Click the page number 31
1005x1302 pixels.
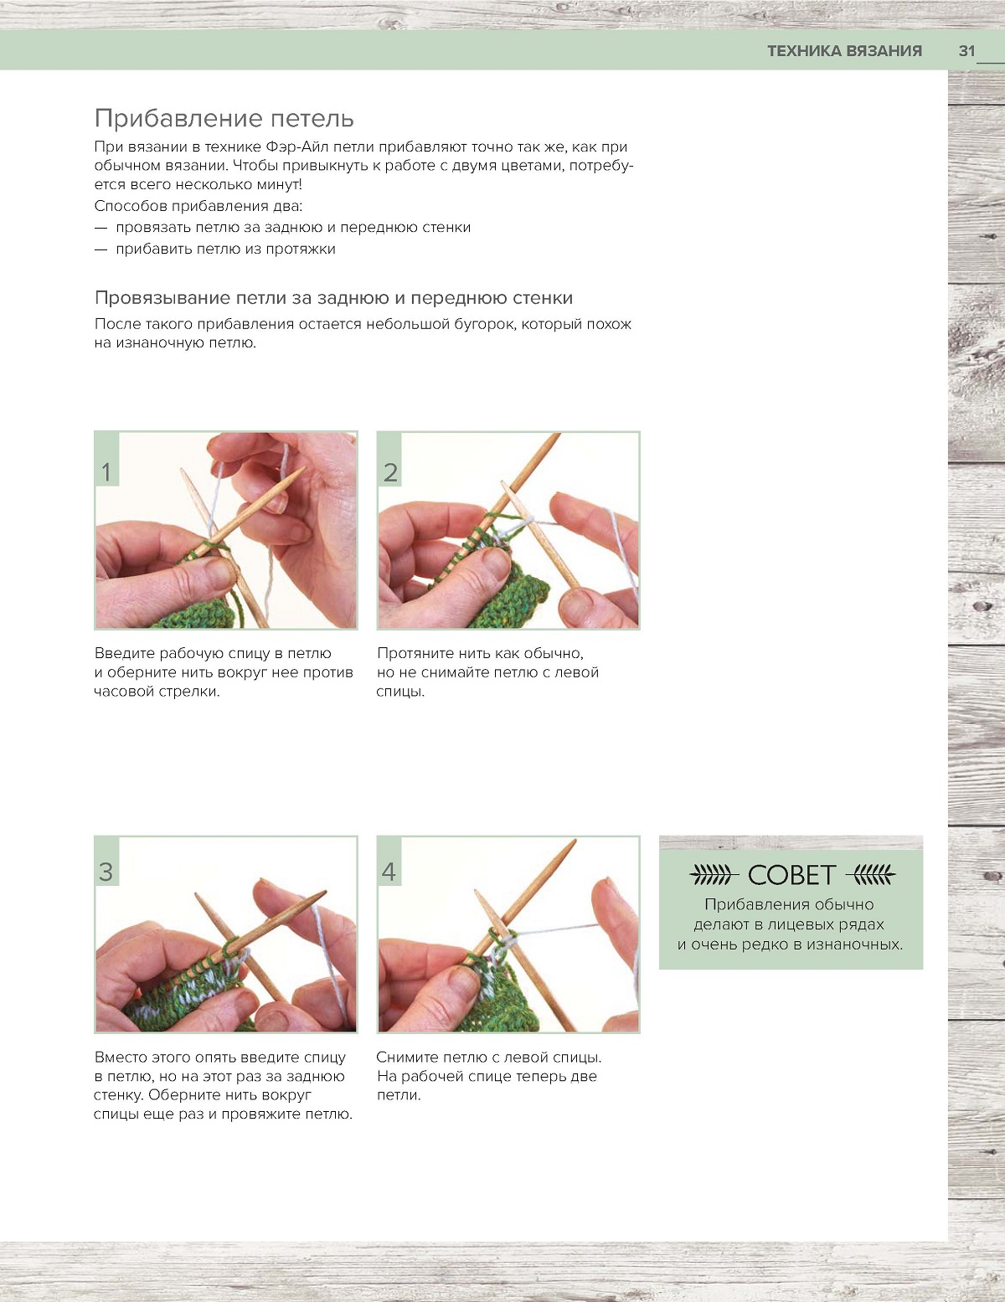click(x=967, y=51)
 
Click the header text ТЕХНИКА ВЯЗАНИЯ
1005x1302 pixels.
click(x=844, y=51)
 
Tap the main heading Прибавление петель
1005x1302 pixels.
click(x=224, y=119)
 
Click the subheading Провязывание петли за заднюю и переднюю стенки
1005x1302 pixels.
click(x=334, y=298)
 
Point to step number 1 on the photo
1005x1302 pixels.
click(x=106, y=472)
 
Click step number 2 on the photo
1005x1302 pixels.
click(x=390, y=472)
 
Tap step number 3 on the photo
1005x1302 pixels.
click(x=106, y=872)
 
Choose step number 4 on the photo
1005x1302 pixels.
click(x=389, y=872)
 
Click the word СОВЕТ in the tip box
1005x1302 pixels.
click(x=791, y=875)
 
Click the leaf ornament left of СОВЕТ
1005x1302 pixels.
click(x=711, y=875)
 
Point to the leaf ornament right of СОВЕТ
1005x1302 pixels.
click(x=871, y=875)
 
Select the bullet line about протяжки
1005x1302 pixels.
click(x=214, y=250)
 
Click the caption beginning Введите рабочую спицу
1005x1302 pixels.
click(x=224, y=672)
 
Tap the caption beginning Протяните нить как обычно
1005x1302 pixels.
click(x=487, y=672)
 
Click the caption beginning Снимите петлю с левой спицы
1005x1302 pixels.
click(x=489, y=1076)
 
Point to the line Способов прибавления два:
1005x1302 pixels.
click(x=198, y=207)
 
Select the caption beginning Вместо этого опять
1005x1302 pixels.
click(x=224, y=1085)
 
